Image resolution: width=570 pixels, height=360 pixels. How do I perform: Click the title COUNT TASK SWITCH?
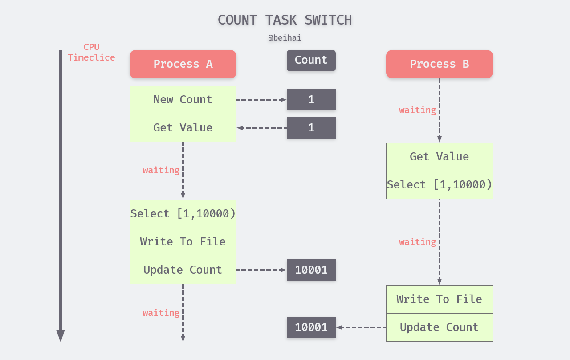click(285, 20)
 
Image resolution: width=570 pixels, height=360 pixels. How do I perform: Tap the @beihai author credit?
click(285, 38)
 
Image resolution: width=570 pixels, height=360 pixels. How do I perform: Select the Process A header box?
click(183, 64)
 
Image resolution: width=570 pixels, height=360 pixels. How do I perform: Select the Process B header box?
click(439, 64)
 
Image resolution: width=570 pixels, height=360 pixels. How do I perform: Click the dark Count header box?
click(311, 60)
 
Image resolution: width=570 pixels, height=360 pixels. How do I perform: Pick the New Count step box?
click(183, 100)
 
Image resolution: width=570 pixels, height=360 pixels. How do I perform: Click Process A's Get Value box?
click(183, 128)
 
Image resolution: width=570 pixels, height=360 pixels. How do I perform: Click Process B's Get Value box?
click(439, 157)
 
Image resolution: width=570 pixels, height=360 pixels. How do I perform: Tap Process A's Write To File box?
click(183, 242)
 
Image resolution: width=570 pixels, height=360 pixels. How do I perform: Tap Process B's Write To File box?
click(439, 299)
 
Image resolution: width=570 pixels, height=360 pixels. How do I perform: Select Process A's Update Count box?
click(183, 270)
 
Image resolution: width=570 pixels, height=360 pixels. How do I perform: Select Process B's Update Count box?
click(439, 327)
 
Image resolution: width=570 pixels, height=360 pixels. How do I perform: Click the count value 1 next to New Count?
click(311, 100)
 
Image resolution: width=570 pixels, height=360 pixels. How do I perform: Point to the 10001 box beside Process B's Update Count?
click(311, 327)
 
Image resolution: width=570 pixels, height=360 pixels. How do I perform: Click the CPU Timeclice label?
click(91, 53)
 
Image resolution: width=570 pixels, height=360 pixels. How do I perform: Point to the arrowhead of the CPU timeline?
click(61, 336)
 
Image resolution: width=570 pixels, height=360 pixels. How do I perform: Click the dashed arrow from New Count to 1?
click(261, 100)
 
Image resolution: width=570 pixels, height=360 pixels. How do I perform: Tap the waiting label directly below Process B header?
click(417, 110)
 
